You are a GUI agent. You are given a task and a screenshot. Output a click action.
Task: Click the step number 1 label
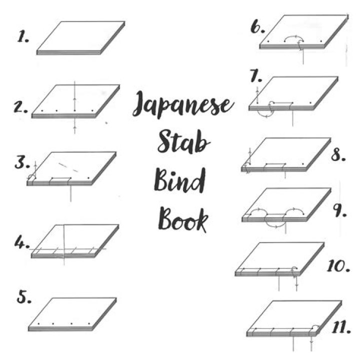coord(23,36)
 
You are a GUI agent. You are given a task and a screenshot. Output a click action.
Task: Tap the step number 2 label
coord(20,107)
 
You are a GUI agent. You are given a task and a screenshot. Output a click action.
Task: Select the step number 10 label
coord(338,266)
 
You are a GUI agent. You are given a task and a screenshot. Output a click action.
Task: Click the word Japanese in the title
coord(183,104)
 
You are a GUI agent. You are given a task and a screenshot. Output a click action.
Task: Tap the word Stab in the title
coord(183,141)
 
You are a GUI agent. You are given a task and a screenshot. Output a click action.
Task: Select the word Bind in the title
coord(179,180)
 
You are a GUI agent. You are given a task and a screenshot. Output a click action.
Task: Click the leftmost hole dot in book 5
coord(38,323)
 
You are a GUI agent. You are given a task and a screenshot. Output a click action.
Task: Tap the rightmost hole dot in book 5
coord(89,323)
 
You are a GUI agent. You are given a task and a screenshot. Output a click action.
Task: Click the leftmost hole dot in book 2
coord(42,111)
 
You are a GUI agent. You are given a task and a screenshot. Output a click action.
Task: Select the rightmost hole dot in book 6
coord(321,41)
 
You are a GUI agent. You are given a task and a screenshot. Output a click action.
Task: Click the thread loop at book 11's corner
coord(314,328)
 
